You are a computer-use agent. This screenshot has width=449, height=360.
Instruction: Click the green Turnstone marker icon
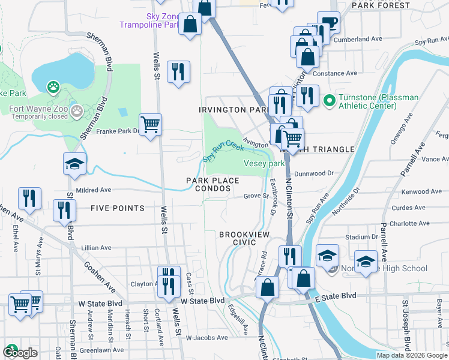click(x=329, y=99)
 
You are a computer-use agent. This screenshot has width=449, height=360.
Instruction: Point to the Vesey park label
click(x=264, y=163)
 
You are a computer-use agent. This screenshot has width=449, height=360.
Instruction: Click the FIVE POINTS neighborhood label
click(x=118, y=208)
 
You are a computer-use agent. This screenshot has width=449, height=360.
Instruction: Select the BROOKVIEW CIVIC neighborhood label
click(x=246, y=238)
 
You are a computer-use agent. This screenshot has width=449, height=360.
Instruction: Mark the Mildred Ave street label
click(x=94, y=190)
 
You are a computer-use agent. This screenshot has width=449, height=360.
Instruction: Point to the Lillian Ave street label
click(x=96, y=247)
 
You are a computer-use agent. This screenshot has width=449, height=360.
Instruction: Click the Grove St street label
click(x=255, y=196)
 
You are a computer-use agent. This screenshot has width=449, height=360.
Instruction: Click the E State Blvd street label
click(x=336, y=296)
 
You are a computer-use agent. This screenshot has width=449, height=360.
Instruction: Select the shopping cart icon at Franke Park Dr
click(x=150, y=124)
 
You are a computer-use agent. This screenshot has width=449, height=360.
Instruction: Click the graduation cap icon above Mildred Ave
click(x=74, y=164)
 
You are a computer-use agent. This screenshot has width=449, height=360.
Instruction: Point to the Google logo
click(x=19, y=352)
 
